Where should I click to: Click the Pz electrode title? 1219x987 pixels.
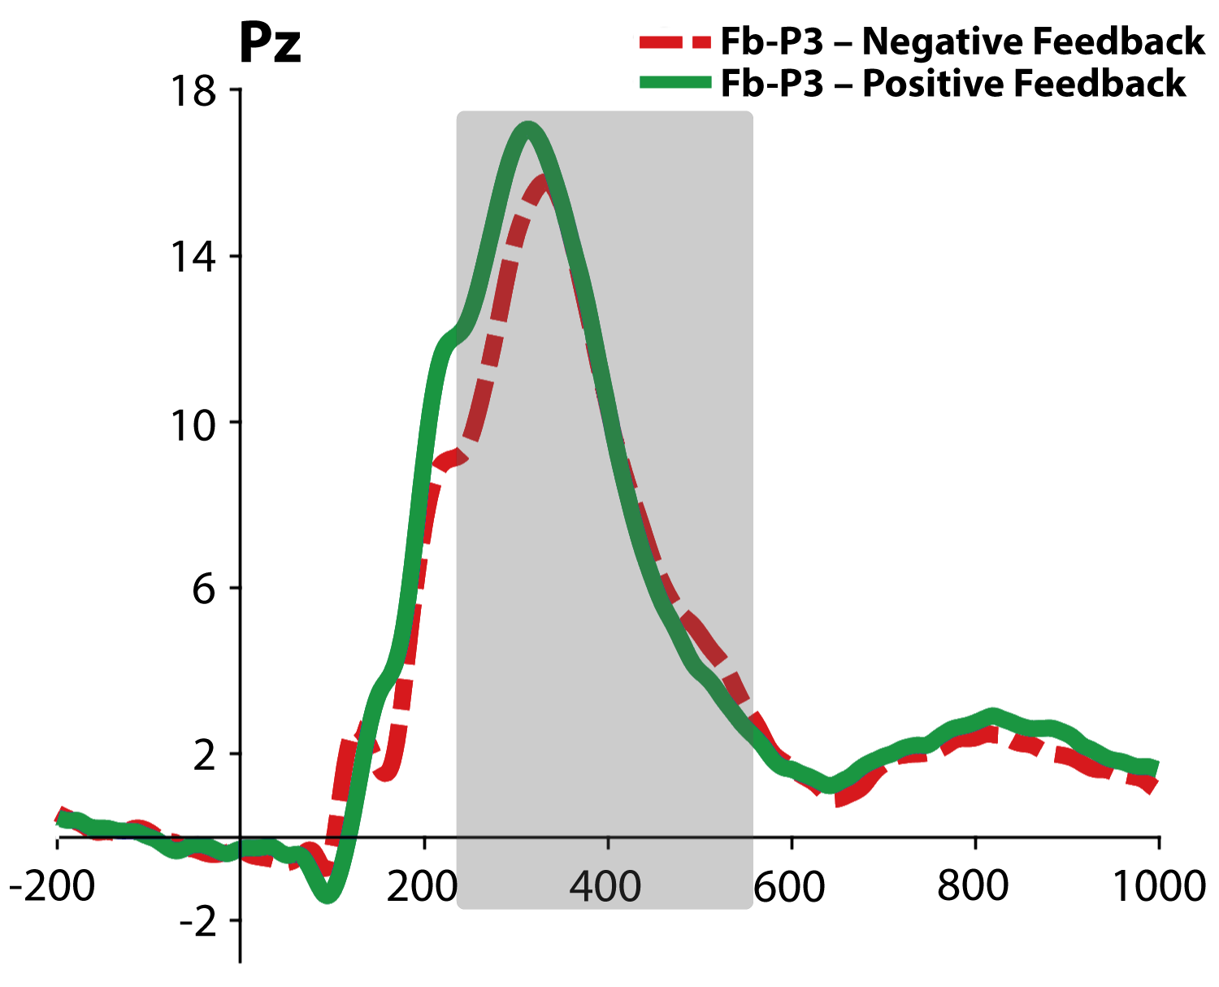coord(270,44)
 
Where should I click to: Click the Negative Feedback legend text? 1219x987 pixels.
coord(962,41)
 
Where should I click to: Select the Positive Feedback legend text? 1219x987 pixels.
coord(953,84)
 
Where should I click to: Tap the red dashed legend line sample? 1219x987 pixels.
coord(675,41)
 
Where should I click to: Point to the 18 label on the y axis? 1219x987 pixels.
coord(193,91)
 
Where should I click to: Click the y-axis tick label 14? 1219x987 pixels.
coord(193,258)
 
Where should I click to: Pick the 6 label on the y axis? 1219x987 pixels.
coord(204,589)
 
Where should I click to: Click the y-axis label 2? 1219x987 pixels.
coord(204,755)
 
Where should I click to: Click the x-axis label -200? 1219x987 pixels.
coord(52,885)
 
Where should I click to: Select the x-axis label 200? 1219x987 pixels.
coord(422,885)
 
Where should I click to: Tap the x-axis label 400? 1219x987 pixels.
coord(605,885)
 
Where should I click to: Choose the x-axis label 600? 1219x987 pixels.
coord(789,885)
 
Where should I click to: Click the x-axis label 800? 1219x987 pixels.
coord(973,885)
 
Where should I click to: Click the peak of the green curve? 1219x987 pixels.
coord(528,128)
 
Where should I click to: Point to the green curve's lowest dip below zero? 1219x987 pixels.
coord(328,895)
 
